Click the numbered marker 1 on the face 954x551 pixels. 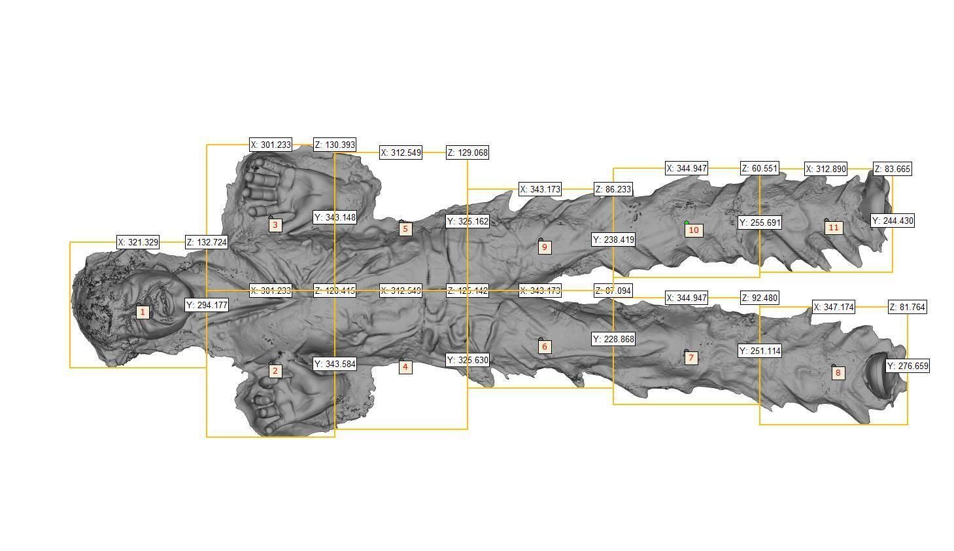pos(143,312)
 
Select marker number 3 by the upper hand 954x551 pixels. pos(275,225)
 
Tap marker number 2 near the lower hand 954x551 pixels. pos(275,371)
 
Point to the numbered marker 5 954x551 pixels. pos(405,229)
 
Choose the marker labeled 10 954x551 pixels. pos(694,230)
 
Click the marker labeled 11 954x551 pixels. pos(833,228)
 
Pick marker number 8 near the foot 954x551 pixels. pos(838,373)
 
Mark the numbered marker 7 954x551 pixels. pos(691,358)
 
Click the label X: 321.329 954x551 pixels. pos(139,242)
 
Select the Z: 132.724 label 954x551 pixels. pos(207,242)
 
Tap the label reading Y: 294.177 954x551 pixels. pos(207,305)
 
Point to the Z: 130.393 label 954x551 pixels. pos(335,145)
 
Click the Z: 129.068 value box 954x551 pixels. pos(468,152)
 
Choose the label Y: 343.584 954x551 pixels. pos(335,364)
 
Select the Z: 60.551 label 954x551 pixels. pos(760,169)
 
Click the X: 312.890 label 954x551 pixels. pos(826,169)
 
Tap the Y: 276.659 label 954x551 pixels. pos(908,366)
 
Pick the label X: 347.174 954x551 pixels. pos(834,307)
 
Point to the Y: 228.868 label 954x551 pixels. pos(613,339)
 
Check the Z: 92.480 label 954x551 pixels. pos(760,298)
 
